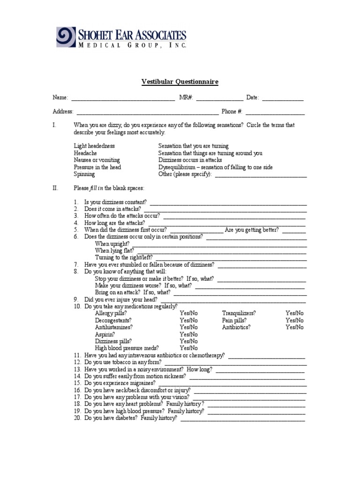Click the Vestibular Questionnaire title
pyautogui.click(x=180, y=82)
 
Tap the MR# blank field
pyautogui.click(x=219, y=98)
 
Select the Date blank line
pyautogui.click(x=282, y=98)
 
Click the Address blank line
pyautogui.click(x=147, y=112)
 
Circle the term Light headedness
pyautogui.click(x=94, y=146)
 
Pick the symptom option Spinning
pyautogui.click(x=84, y=174)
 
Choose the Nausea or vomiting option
pyautogui.click(x=97, y=160)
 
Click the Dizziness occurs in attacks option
pyautogui.click(x=190, y=160)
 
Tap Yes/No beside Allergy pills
pyautogui.click(x=189, y=313)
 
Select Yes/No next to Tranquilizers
pyautogui.click(x=294, y=313)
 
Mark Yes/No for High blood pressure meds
pyautogui.click(x=189, y=348)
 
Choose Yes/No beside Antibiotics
pyautogui.click(x=294, y=327)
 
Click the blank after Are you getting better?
pyautogui.click(x=294, y=231)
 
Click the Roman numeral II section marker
pyautogui.click(x=55, y=188)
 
